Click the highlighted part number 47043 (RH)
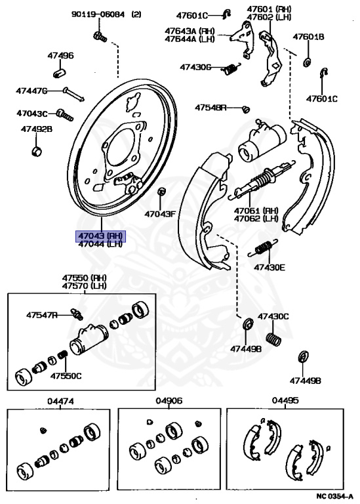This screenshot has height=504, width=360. pos(100,236)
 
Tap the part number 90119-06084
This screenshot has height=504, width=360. pos(98,14)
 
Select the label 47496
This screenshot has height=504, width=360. pos(61,56)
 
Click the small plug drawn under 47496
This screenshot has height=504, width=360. pos(60,73)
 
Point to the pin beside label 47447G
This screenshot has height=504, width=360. pos(74,94)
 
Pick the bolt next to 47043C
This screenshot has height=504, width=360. pos(64,115)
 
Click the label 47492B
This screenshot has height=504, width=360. pos(37,129)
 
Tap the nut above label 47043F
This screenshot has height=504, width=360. pos(161,192)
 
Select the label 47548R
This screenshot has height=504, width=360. pos(210,108)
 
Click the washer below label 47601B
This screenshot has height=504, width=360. pos(307,62)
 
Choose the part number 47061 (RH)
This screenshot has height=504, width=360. pos(256,211)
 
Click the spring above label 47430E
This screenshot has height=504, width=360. pos(263,248)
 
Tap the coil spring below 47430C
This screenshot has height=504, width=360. pos(273,339)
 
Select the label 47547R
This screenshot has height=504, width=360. pos(42,315)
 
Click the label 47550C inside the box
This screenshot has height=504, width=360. pos(66,376)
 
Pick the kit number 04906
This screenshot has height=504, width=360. pos(169,401)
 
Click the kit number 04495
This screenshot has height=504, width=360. pos(285,400)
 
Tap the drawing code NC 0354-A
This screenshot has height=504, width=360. pos(334,496)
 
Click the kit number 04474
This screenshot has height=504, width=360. pos(60,401)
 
